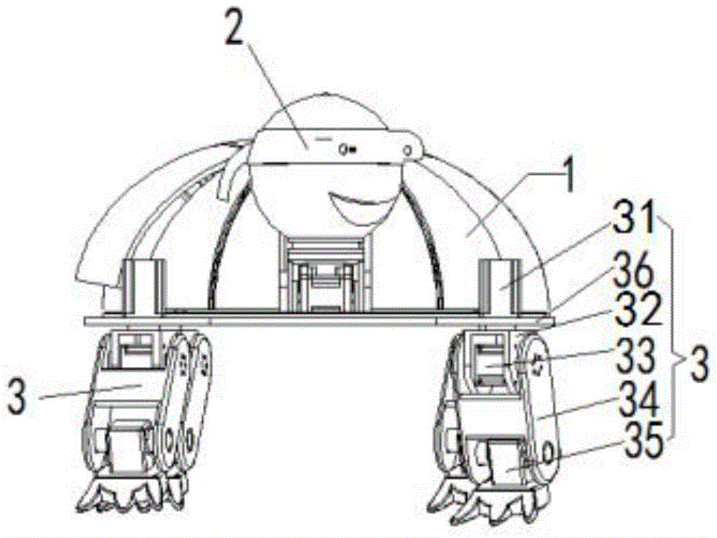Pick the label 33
tap(637, 356)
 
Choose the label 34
tap(637, 398)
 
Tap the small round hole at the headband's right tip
tap(409, 148)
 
